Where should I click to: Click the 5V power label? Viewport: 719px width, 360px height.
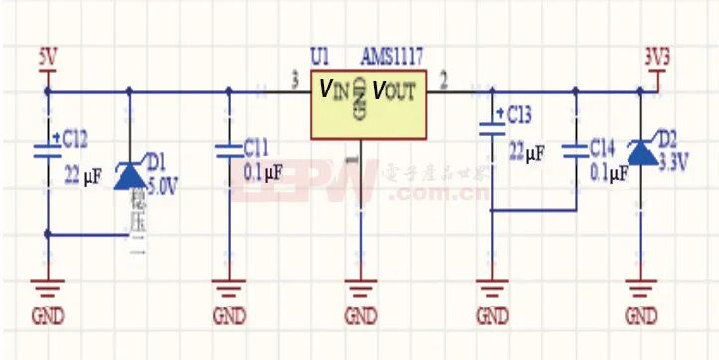click(47, 56)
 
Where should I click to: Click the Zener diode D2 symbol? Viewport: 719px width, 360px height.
click(641, 153)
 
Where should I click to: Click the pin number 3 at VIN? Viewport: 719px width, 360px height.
click(295, 79)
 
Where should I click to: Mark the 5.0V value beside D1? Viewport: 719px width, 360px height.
click(162, 184)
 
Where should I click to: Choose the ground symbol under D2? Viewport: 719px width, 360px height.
click(641, 288)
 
